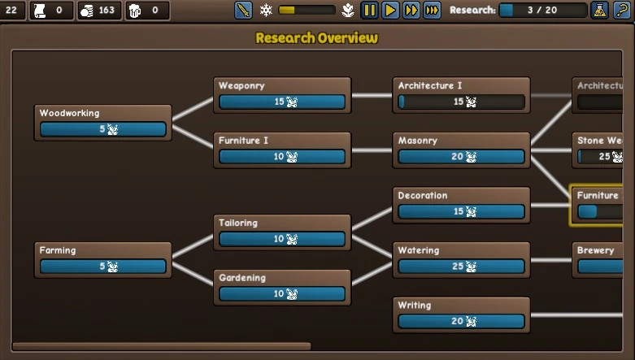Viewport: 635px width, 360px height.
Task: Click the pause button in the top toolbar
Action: point(369,11)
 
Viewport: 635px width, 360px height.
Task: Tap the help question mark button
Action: point(622,11)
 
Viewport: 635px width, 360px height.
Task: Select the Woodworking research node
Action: point(103,122)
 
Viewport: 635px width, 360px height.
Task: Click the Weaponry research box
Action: point(282,95)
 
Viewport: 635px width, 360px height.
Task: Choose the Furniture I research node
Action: point(282,150)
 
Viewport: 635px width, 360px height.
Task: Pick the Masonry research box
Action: point(461,150)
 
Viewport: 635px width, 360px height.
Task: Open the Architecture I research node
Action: point(461,95)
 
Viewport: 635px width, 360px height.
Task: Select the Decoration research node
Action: point(461,205)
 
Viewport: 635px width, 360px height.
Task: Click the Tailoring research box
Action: point(282,232)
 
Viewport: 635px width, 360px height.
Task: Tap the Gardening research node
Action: point(282,287)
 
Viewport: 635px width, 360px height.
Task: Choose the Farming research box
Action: point(103,259)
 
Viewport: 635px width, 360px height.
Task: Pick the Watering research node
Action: point(461,259)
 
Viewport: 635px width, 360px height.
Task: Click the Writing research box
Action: point(461,314)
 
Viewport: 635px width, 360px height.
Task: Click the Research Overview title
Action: point(316,38)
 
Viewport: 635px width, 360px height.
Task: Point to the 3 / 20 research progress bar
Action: point(542,11)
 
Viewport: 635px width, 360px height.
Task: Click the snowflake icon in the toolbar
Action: point(266,11)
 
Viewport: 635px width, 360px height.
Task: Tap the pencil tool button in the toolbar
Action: point(243,11)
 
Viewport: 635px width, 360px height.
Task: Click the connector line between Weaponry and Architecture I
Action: point(372,95)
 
